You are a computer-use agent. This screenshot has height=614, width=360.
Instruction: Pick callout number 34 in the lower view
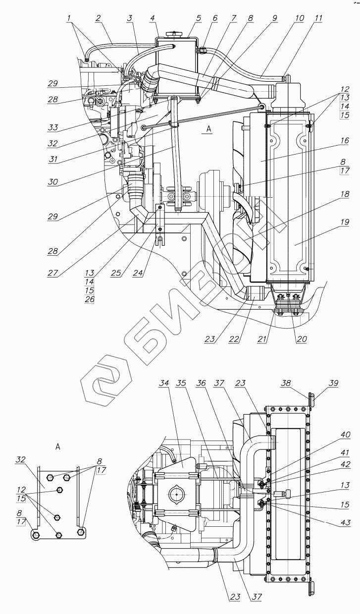point(165,383)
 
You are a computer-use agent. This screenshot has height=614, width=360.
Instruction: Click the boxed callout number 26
point(90,299)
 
